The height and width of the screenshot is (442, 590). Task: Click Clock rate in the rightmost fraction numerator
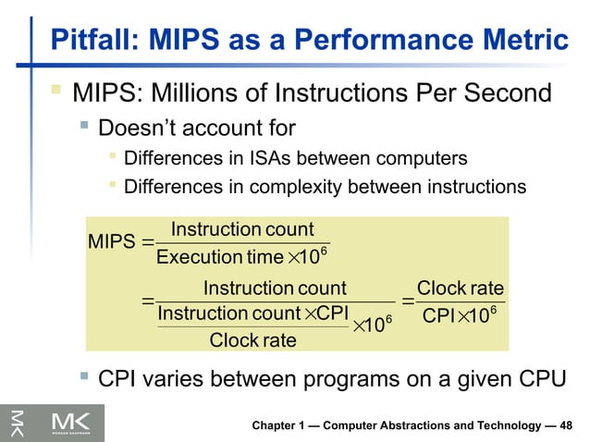tap(461, 288)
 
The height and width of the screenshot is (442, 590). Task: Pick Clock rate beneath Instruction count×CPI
tap(252, 340)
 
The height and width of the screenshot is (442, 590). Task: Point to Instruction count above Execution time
tap(242, 229)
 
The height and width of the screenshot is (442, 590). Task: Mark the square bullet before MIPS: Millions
tap(57, 92)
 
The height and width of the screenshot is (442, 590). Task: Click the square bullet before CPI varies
tap(84, 378)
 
